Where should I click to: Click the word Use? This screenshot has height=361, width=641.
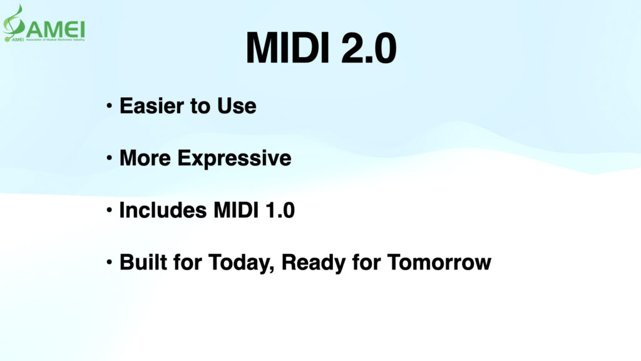click(x=237, y=106)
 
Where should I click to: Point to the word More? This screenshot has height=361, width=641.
click(x=146, y=158)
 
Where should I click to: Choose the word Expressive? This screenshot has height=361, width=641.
click(x=235, y=159)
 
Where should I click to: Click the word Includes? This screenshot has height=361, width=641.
click(x=160, y=210)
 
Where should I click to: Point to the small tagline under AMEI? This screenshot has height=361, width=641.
click(x=53, y=39)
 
